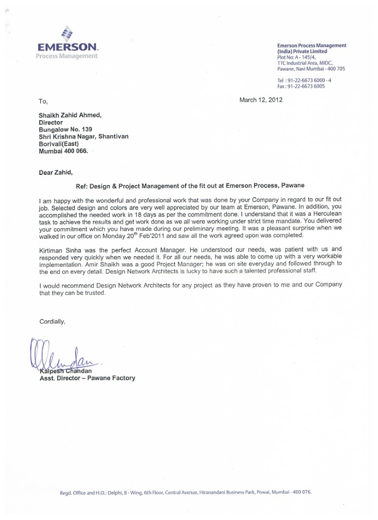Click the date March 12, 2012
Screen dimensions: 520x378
(x=261, y=100)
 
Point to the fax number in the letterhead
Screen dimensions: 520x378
(x=301, y=86)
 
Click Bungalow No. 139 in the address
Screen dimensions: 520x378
(x=65, y=130)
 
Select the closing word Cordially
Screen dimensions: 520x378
(x=52, y=321)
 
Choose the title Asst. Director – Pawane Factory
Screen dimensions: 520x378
(x=87, y=378)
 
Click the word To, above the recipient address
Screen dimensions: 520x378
(x=43, y=102)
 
